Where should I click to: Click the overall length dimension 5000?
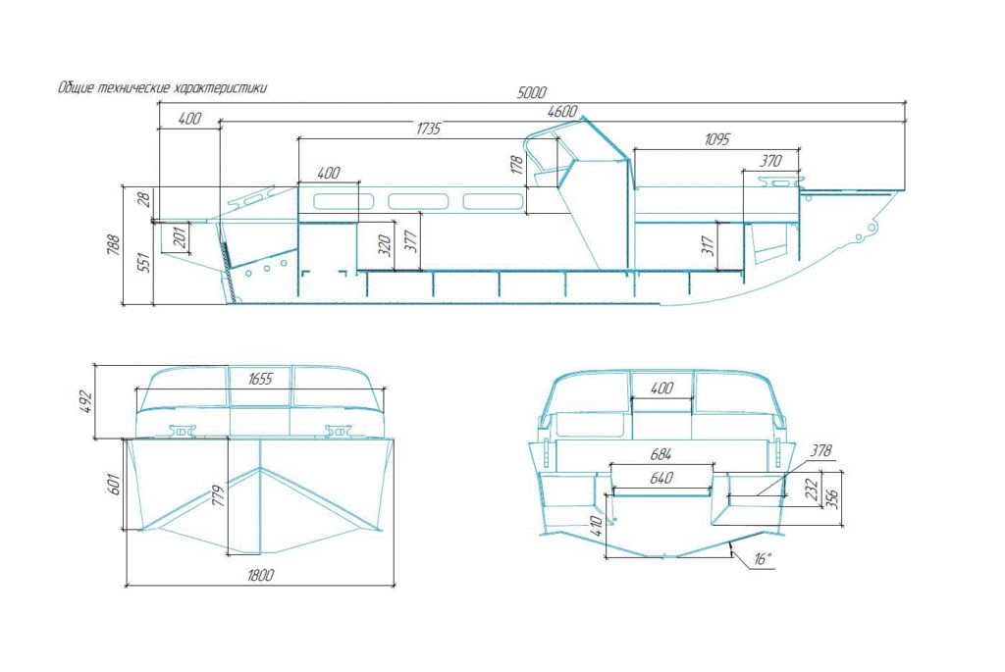[x=531, y=93]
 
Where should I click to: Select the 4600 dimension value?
[x=562, y=112]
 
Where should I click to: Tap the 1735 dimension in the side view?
[x=428, y=129]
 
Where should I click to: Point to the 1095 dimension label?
[x=716, y=139]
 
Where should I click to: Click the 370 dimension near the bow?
[x=770, y=161]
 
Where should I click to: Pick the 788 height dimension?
[x=114, y=245]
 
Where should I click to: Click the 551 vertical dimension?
[x=145, y=263]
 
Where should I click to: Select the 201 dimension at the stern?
[x=181, y=236]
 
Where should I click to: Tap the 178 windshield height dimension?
[x=517, y=165]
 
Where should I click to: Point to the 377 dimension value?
[x=411, y=241]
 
